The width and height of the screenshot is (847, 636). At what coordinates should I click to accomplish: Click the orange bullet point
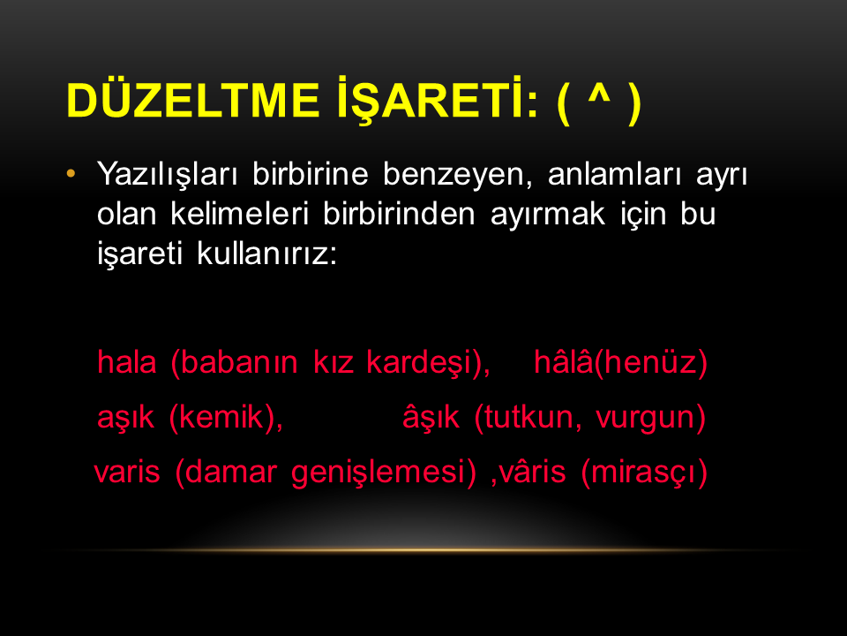pyautogui.click(x=71, y=174)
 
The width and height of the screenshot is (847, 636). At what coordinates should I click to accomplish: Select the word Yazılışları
pyautogui.click(x=167, y=175)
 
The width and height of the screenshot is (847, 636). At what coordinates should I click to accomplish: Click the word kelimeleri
pyautogui.click(x=239, y=214)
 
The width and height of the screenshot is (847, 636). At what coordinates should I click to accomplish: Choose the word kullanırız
pyautogui.click(x=266, y=254)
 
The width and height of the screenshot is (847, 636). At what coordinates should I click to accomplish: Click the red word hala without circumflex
pyautogui.click(x=127, y=362)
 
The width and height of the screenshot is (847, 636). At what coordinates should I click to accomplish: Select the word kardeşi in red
pyautogui.click(x=419, y=363)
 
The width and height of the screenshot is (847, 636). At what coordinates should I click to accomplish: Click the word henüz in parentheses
pyautogui.click(x=650, y=362)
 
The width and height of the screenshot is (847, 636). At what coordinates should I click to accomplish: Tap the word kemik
pyautogui.click(x=222, y=417)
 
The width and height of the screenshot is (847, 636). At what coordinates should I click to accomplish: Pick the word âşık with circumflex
pyautogui.click(x=431, y=417)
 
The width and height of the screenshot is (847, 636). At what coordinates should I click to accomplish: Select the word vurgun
pyautogui.click(x=645, y=419)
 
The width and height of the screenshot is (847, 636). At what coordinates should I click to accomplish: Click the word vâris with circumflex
pyautogui.click(x=532, y=471)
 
